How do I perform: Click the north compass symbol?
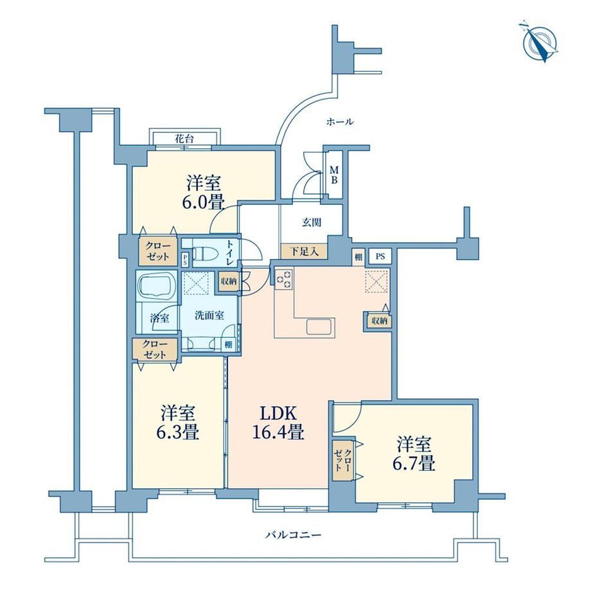540,42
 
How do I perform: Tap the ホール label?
340,122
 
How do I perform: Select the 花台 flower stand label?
184,138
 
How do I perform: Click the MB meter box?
334,175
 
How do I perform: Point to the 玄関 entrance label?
312,222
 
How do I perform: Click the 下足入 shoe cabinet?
304,251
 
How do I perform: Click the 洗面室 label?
209,315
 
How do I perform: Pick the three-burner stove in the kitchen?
284,279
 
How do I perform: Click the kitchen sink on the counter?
321,326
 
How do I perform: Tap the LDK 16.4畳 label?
278,423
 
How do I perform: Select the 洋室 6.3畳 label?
177,423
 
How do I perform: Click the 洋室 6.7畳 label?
414,454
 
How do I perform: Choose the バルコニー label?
293,535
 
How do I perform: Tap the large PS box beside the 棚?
380,256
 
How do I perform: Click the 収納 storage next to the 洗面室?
229,281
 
